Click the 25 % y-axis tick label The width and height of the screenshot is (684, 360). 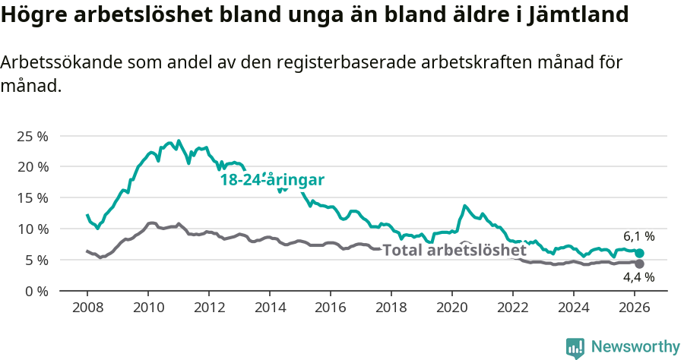point(32,136)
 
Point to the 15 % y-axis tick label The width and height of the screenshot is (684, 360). point(32,197)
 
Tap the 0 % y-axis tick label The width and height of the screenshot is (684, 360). point(36,291)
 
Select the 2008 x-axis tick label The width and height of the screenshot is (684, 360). point(87,308)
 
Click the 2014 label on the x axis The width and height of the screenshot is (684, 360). point(269,308)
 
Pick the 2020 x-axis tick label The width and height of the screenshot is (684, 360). point(451,308)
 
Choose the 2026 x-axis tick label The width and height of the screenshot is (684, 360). point(634,308)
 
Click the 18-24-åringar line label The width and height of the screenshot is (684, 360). point(272,180)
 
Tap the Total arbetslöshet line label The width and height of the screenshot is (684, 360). point(454,250)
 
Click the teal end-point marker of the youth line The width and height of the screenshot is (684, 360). point(639,253)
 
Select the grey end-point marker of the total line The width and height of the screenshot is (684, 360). point(639,264)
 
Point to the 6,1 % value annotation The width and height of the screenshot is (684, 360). point(639,236)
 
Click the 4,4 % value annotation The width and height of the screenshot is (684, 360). point(639,279)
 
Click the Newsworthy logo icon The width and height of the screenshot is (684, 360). point(575,347)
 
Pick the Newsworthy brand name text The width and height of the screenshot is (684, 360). point(635,347)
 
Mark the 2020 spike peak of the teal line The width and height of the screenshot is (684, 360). point(464,206)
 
